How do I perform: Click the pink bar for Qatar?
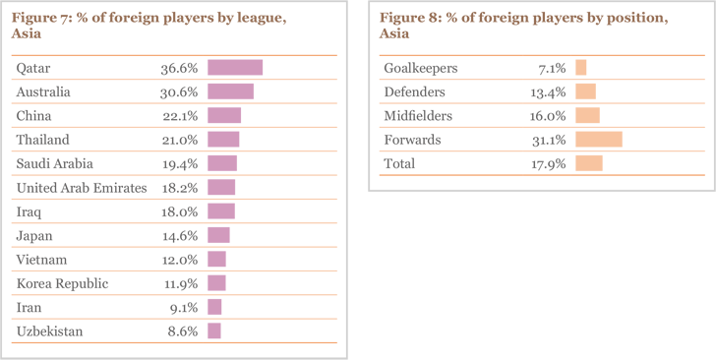pos(235,68)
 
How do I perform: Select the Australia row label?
pos(44,91)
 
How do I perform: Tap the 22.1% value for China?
pos(180,116)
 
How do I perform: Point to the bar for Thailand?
pos(223,140)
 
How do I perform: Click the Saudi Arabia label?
pos(55,163)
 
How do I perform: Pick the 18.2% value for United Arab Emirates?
pos(180,188)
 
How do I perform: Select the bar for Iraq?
pos(221,211)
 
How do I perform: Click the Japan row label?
pos(34,236)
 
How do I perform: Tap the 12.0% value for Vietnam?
pos(180,260)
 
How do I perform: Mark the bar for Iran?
pos(214,308)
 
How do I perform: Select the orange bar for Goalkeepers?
pos(581,68)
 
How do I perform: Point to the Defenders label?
pos(414,91)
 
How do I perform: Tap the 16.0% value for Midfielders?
pos(547,116)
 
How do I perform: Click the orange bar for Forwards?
pos(599,140)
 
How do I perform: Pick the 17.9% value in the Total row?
pos(547,163)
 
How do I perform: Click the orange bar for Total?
pos(589,163)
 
